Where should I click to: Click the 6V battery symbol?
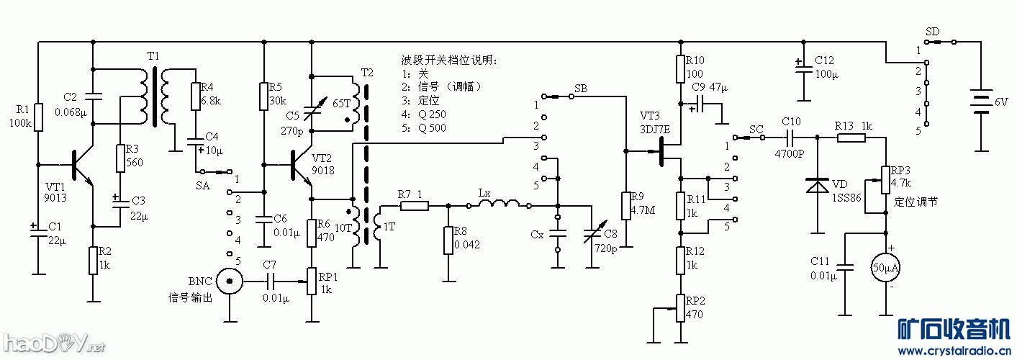pyautogui.click(x=980, y=102)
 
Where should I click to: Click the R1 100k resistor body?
pyautogui.click(x=39, y=117)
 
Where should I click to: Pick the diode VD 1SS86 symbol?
pyautogui.click(x=817, y=186)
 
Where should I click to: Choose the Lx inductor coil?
pyautogui.click(x=499, y=205)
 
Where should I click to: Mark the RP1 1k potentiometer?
pyautogui.click(x=312, y=281)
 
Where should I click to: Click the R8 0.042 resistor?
pyautogui.click(x=448, y=240)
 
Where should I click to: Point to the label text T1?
pyautogui.click(x=153, y=56)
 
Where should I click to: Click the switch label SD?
pyautogui.click(x=932, y=32)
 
